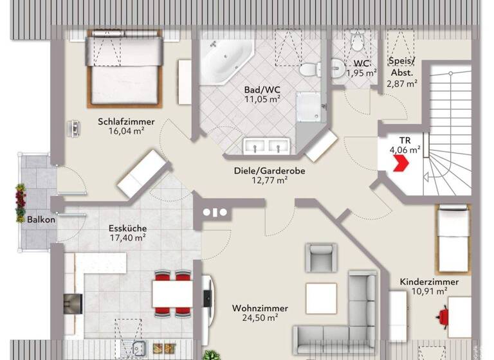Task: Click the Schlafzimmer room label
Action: pyautogui.click(x=120, y=120)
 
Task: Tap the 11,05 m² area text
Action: pyautogui.click(x=262, y=100)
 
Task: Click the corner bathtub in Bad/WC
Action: pyautogui.click(x=224, y=61)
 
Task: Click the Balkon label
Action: pyautogui.click(x=41, y=219)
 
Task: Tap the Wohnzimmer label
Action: pyautogui.click(x=260, y=308)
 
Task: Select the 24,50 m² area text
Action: pyautogui.click(x=260, y=318)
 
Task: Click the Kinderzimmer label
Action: pyautogui.click(x=429, y=282)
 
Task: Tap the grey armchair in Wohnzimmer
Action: pyautogui.click(x=321, y=257)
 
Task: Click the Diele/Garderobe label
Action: pyautogui.click(x=269, y=171)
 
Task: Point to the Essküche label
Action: pyautogui.click(x=128, y=228)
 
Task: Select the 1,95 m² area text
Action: pyautogui.click(x=361, y=73)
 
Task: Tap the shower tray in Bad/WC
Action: pyautogui.click(x=311, y=106)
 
